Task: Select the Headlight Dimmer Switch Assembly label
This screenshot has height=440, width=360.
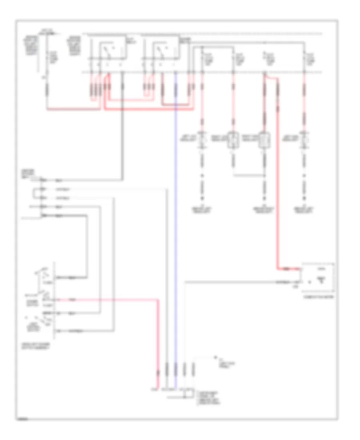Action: coord(38,346)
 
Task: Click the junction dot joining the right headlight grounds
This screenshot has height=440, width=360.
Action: coord(264,175)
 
